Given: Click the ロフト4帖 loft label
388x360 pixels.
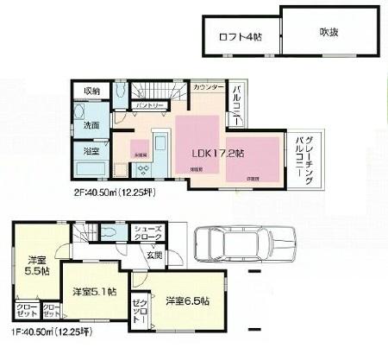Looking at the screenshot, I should (239, 36).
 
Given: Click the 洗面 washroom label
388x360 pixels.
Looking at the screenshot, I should (92, 126).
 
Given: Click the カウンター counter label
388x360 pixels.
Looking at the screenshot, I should (209, 89).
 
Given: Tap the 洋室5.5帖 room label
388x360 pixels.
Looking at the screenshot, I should (36, 264).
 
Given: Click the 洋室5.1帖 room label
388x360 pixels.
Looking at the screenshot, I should (95, 292).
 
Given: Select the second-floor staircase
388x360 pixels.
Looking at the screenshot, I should (155, 91).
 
